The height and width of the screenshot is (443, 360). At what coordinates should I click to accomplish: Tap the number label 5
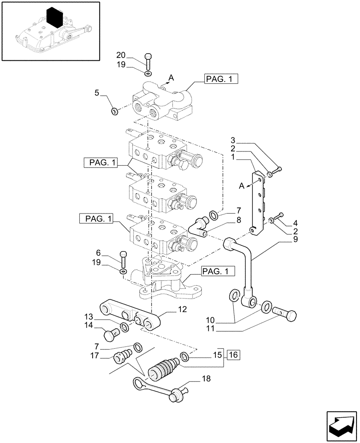(96, 93)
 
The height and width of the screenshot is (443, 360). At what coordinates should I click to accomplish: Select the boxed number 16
(234, 355)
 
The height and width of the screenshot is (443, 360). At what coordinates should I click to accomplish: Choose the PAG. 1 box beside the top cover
(222, 79)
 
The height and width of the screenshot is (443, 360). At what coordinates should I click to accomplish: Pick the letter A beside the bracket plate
(242, 187)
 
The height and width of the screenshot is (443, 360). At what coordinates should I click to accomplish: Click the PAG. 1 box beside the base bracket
(217, 271)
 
